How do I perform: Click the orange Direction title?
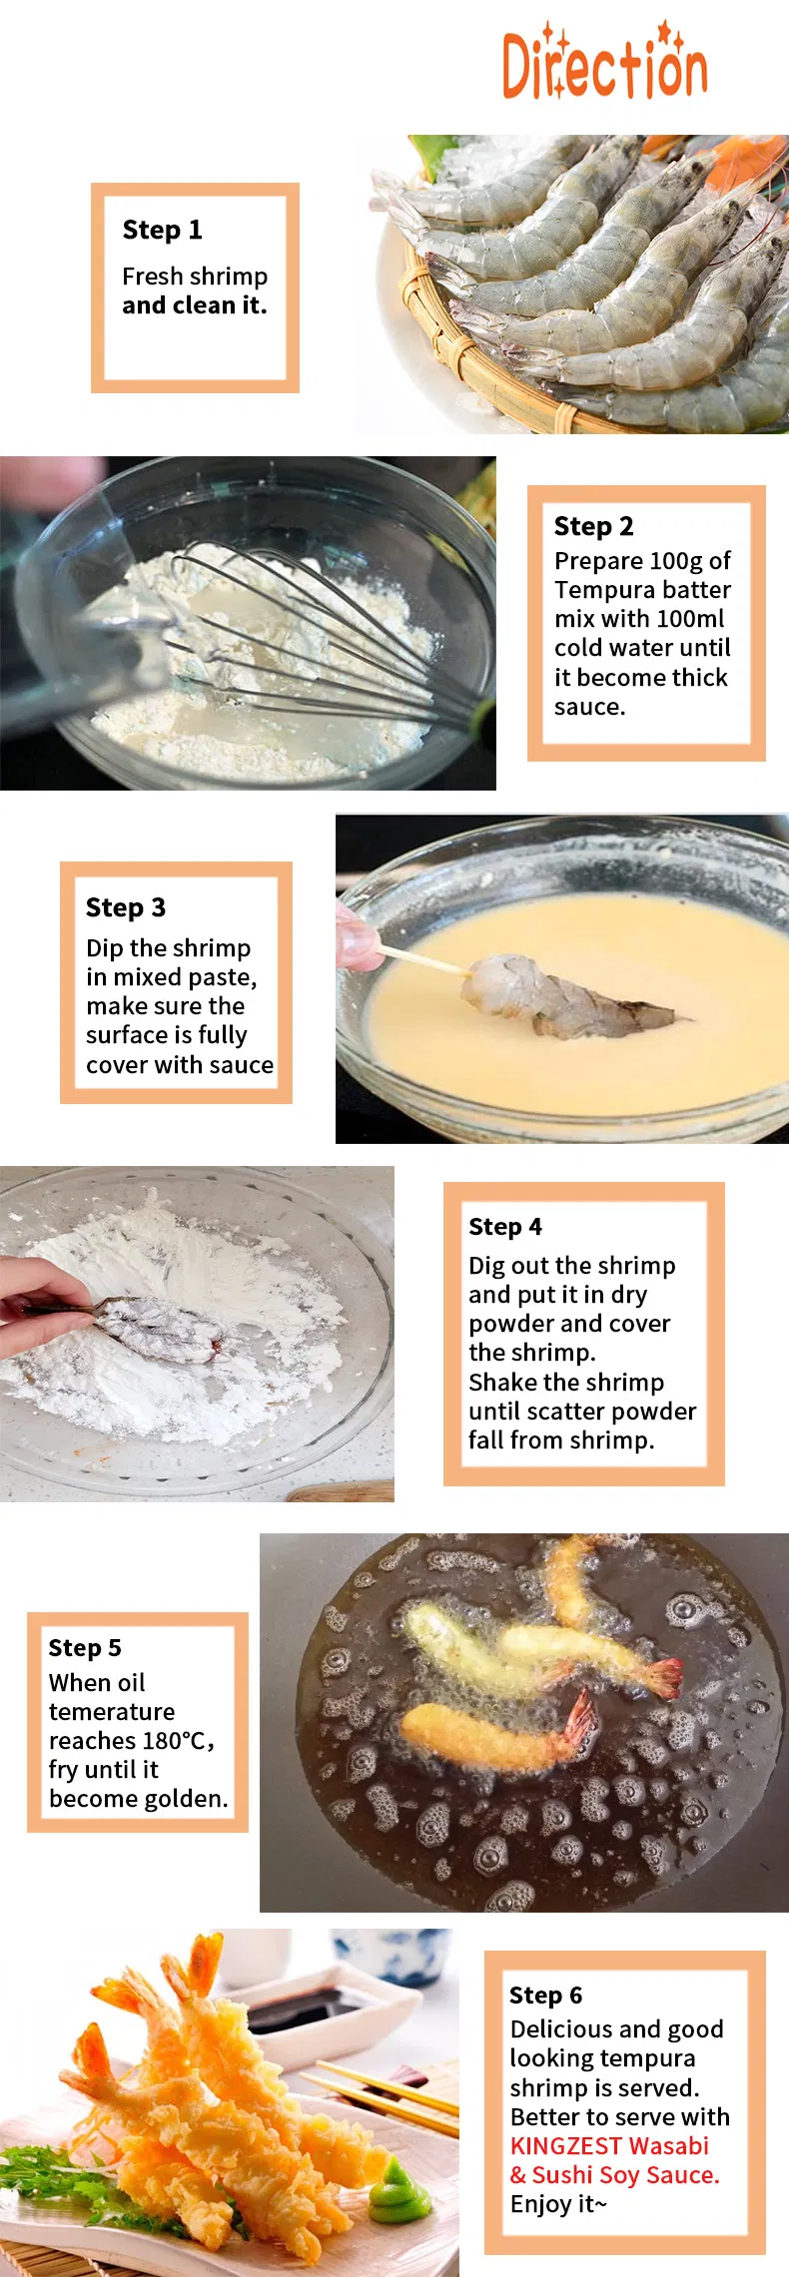604,62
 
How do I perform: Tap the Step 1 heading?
162,230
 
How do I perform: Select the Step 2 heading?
593,526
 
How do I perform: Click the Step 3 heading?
125,907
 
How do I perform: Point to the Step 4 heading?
505,1227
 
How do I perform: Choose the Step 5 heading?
85,1648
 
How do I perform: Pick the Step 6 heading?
545,1995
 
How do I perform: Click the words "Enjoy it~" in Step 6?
558,2204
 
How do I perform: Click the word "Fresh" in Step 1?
153,277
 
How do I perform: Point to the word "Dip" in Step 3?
105,949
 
